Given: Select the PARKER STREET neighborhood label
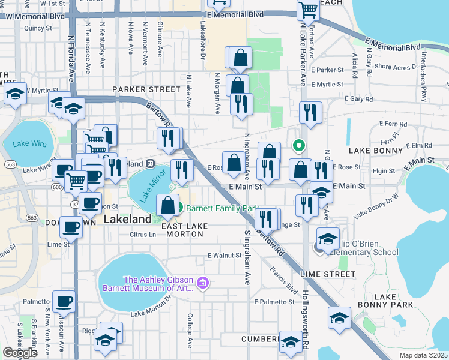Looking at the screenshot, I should [x=146, y=89].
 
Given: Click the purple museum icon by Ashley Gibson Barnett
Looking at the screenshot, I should [x=203, y=283].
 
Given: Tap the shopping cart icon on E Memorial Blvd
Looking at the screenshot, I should [x=308, y=9].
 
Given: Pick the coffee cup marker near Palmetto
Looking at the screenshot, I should [x=64, y=301].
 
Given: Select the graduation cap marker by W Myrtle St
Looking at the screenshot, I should [x=16, y=94].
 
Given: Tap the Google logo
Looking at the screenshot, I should [x=20, y=353].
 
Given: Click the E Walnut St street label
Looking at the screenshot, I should [x=224, y=256].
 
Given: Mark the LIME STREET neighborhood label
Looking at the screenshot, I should [x=327, y=274].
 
